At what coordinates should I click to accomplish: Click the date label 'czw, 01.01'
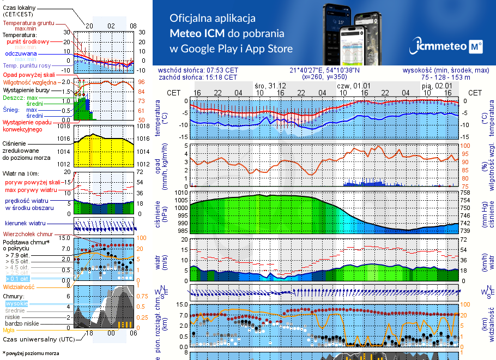click(353, 86)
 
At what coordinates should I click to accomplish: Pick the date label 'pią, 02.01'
click(436, 86)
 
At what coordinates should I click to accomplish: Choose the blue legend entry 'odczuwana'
click(21, 54)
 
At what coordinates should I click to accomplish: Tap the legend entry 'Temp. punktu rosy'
click(27, 65)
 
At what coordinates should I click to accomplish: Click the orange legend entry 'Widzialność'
click(19, 286)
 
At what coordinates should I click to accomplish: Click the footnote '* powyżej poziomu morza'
click(31, 353)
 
